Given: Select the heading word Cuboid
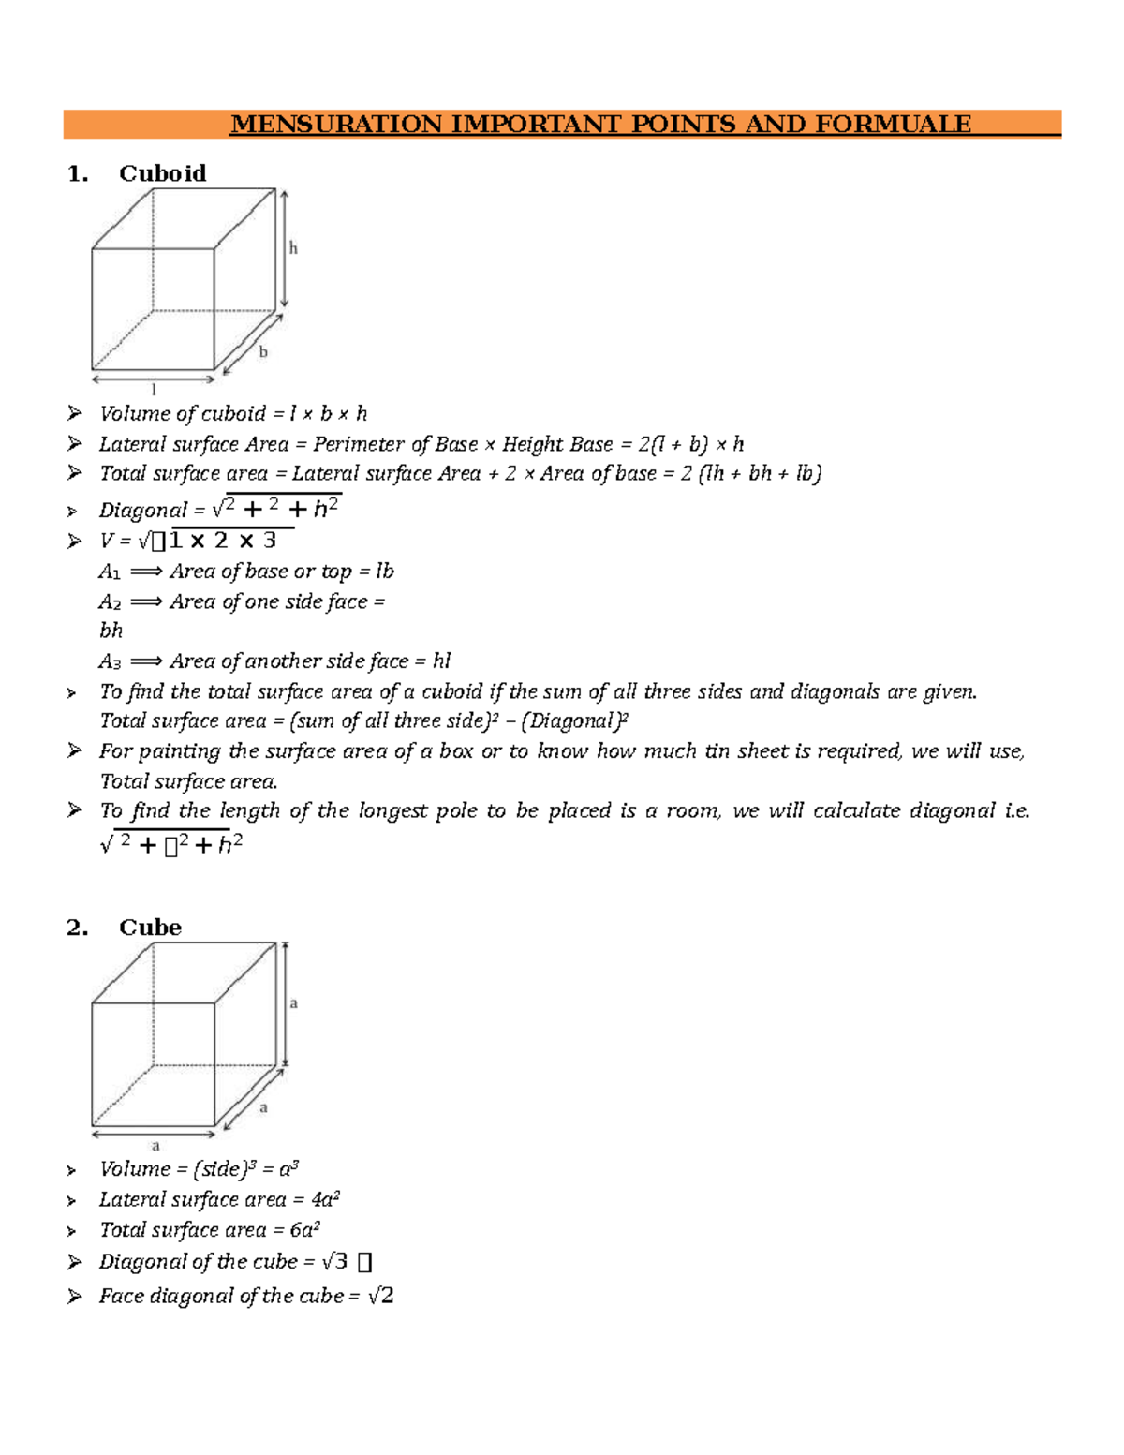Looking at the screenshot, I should (x=162, y=173).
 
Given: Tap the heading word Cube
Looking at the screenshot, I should (x=150, y=928).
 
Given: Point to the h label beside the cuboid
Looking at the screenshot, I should (x=293, y=248).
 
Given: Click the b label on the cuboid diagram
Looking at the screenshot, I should (x=263, y=352).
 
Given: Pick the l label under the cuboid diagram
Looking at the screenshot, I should (x=154, y=390).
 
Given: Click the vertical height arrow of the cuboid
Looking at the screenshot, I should (x=285, y=249).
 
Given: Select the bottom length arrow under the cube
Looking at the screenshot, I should (x=154, y=1135).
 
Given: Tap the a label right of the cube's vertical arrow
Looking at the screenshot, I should (x=293, y=1003).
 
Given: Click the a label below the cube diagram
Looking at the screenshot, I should (x=155, y=1146).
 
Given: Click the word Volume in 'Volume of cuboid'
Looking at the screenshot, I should (x=135, y=413).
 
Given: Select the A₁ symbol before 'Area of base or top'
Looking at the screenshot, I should (x=110, y=572).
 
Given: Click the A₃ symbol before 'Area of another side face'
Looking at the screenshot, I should (x=110, y=661).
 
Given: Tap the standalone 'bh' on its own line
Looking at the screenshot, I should (x=111, y=631).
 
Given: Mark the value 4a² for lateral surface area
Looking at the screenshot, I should (x=324, y=1199).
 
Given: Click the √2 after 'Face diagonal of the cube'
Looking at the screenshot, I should (x=380, y=1296).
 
